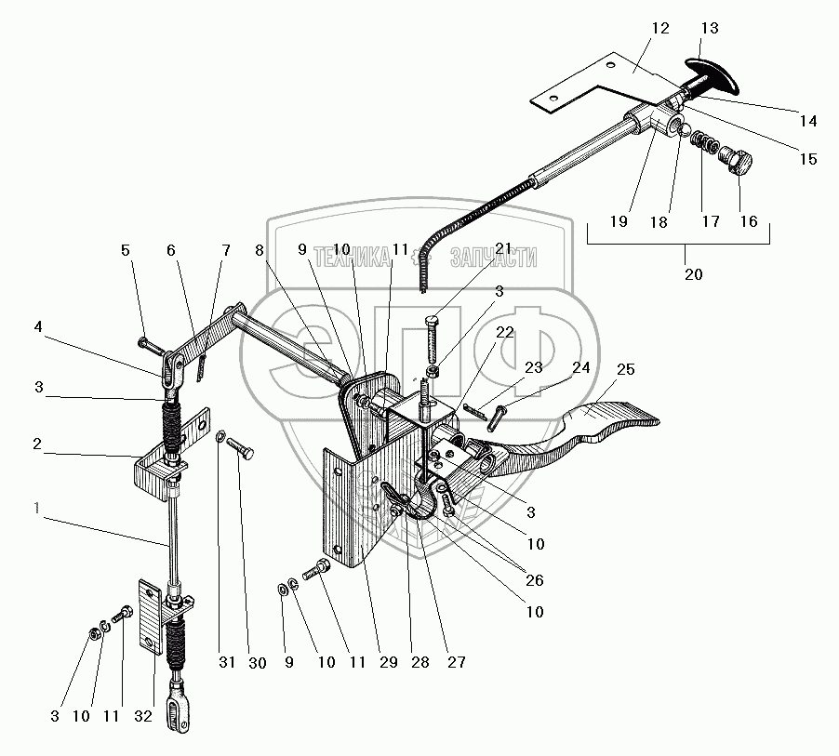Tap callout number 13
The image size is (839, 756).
[x=710, y=28]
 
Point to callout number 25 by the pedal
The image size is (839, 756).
[x=625, y=370]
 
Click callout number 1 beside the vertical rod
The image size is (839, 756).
[x=36, y=508]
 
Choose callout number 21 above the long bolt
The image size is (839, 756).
[x=504, y=249]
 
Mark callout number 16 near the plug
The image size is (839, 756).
[x=749, y=222]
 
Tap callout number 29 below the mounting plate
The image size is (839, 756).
[x=388, y=663]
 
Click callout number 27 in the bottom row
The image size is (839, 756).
[x=456, y=663]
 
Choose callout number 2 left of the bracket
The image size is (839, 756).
[x=36, y=444]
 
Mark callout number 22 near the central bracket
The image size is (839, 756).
[x=504, y=333]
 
